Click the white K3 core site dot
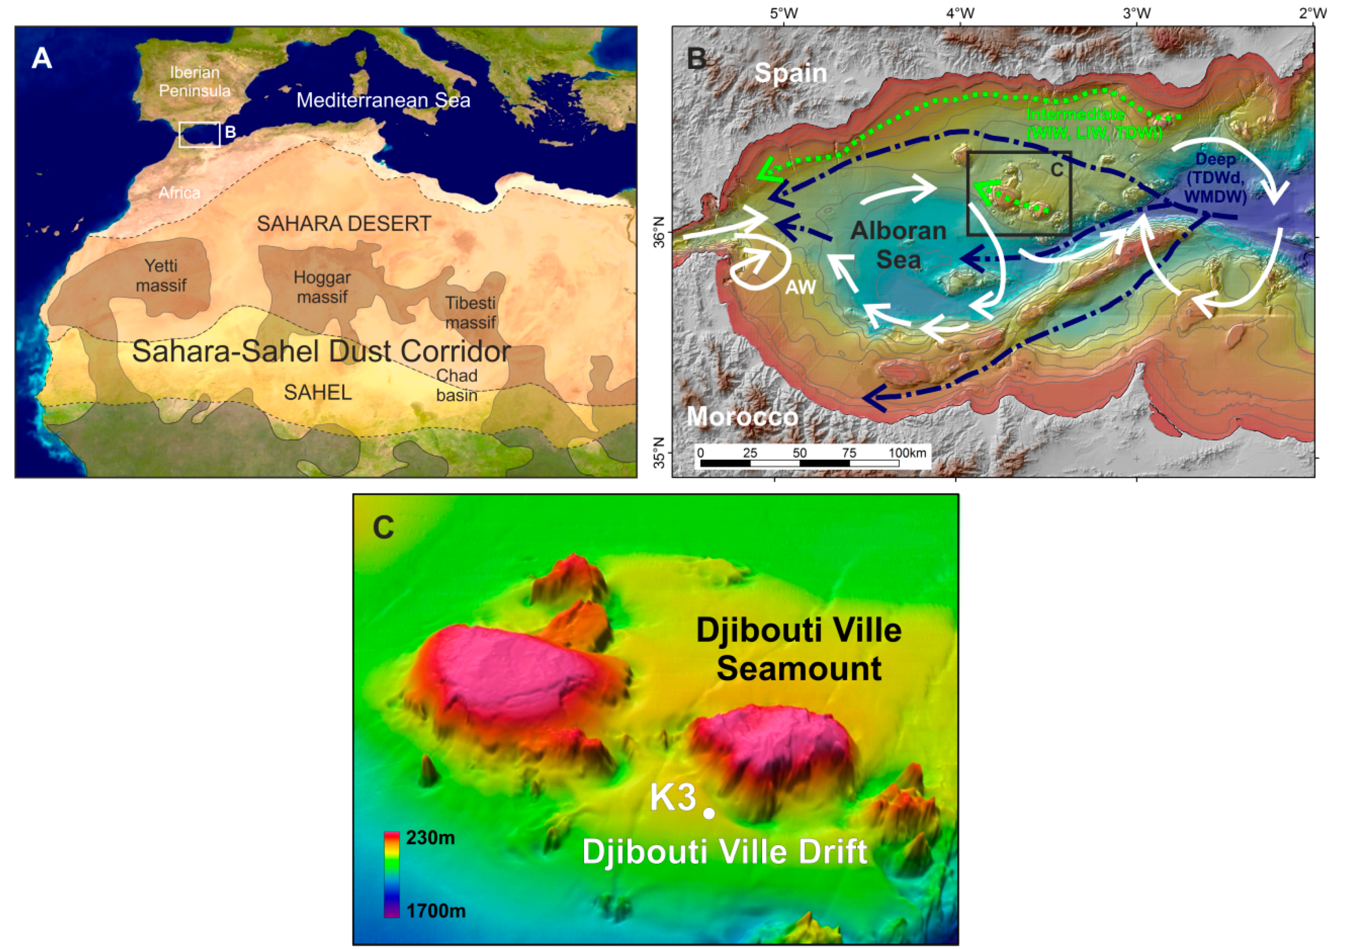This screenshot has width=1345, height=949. point(709,813)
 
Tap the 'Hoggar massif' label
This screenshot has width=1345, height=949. point(322,287)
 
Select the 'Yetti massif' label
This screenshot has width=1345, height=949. point(161,276)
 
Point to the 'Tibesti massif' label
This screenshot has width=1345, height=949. point(470,313)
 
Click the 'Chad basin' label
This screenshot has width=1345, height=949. point(457,385)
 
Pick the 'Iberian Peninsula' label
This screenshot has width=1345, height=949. point(195,82)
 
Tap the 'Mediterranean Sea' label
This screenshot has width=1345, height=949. point(383,100)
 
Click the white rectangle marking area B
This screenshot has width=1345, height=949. point(200,135)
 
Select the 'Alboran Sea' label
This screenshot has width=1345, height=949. point(899,245)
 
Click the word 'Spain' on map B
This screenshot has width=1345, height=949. point(790,73)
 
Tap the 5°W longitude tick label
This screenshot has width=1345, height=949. point(783,13)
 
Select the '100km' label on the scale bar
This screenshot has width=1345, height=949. point(907,453)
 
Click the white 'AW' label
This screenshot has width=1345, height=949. point(800,287)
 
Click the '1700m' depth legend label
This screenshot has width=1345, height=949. point(436,911)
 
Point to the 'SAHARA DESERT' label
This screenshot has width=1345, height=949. point(344,223)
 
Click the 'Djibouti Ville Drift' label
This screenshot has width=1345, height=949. point(724,852)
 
